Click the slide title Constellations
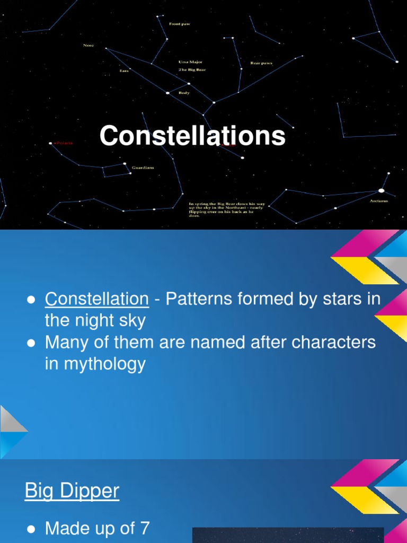click(x=192, y=136)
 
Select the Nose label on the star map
click(x=89, y=45)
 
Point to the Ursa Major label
click(x=190, y=62)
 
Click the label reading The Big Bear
click(x=192, y=69)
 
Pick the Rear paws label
click(x=261, y=63)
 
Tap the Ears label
click(x=124, y=71)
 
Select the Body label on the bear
click(x=183, y=93)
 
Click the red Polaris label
click(x=64, y=143)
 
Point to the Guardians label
click(x=143, y=168)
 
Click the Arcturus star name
click(x=379, y=201)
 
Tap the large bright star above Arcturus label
click(x=381, y=190)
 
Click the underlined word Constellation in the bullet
click(x=96, y=299)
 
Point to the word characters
click(x=332, y=342)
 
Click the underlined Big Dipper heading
click(x=72, y=491)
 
